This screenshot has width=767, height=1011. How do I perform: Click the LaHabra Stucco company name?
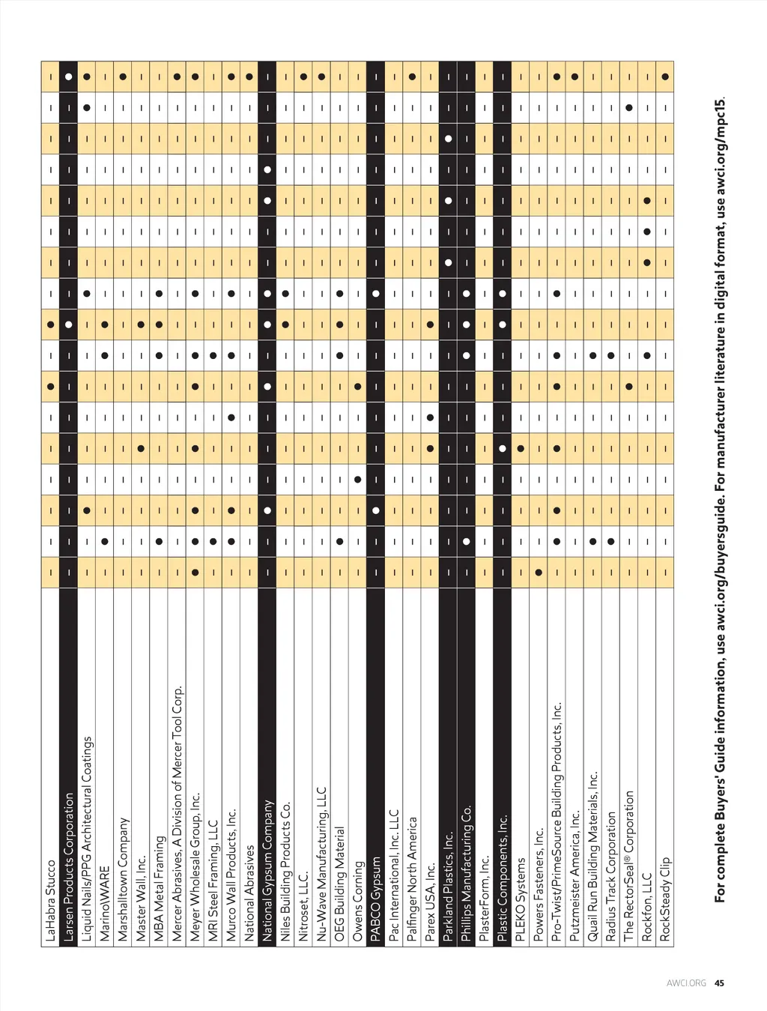(x=50, y=900)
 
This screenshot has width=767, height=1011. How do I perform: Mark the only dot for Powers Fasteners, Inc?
(x=539, y=572)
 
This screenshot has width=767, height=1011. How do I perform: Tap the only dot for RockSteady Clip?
(x=665, y=76)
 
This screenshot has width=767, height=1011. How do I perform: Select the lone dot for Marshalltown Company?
(x=123, y=76)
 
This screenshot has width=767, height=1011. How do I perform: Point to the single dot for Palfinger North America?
(x=412, y=76)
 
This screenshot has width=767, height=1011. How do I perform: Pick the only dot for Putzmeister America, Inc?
(x=575, y=76)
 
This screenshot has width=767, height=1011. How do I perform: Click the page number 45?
(x=719, y=983)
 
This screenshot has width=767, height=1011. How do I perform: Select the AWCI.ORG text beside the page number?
(x=686, y=983)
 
